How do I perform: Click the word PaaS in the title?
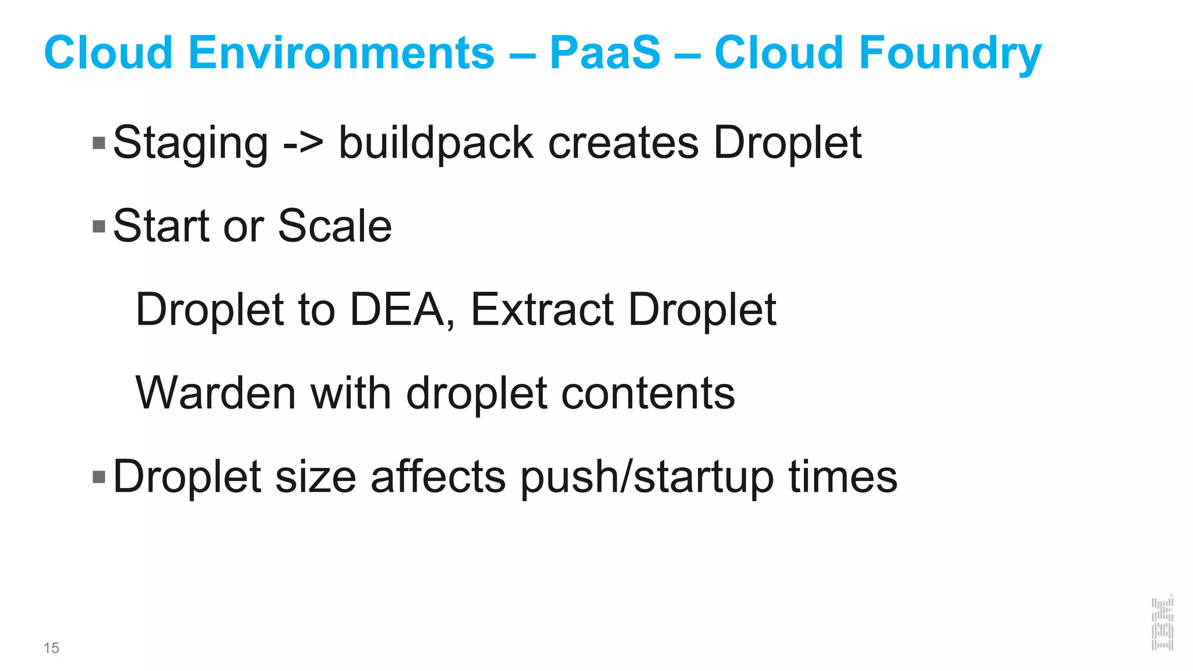[605, 52]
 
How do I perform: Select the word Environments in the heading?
[341, 52]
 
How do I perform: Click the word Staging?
[190, 143]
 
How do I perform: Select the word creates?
[623, 143]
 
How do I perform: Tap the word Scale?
[335, 226]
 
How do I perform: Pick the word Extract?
[542, 309]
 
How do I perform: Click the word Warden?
[216, 393]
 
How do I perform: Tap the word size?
[315, 477]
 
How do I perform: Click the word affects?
[438, 477]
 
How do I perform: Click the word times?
[843, 477]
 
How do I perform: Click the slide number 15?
[51, 648]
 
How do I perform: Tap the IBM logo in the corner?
[1162, 623]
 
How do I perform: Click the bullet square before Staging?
[99, 143]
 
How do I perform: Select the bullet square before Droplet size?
[99, 477]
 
